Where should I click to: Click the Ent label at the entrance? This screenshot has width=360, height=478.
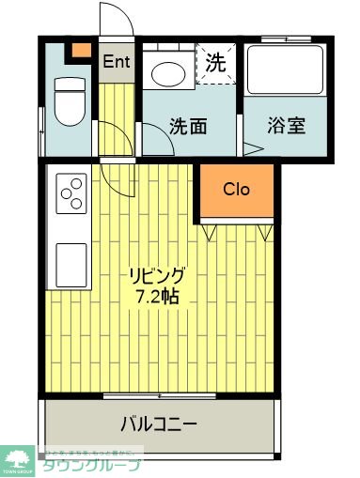pyautogui.click(x=117, y=63)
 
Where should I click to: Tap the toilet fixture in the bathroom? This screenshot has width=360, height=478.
pyautogui.click(x=70, y=100)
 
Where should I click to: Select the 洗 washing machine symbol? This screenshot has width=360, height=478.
pyautogui.click(x=215, y=64)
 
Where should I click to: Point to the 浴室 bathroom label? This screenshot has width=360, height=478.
pyautogui.click(x=286, y=126)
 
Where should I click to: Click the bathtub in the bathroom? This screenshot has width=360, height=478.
pyautogui.click(x=285, y=71)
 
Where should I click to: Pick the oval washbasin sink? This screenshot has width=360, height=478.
pyautogui.click(x=169, y=71)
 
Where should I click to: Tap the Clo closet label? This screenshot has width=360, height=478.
pyautogui.click(x=236, y=188)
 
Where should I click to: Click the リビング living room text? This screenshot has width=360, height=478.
pyautogui.click(x=158, y=276)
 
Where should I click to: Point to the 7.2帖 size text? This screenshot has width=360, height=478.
pyautogui.click(x=158, y=297)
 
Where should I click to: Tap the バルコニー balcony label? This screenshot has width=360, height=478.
pyautogui.click(x=158, y=424)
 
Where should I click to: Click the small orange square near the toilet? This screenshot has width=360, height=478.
pyautogui.click(x=82, y=50)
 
